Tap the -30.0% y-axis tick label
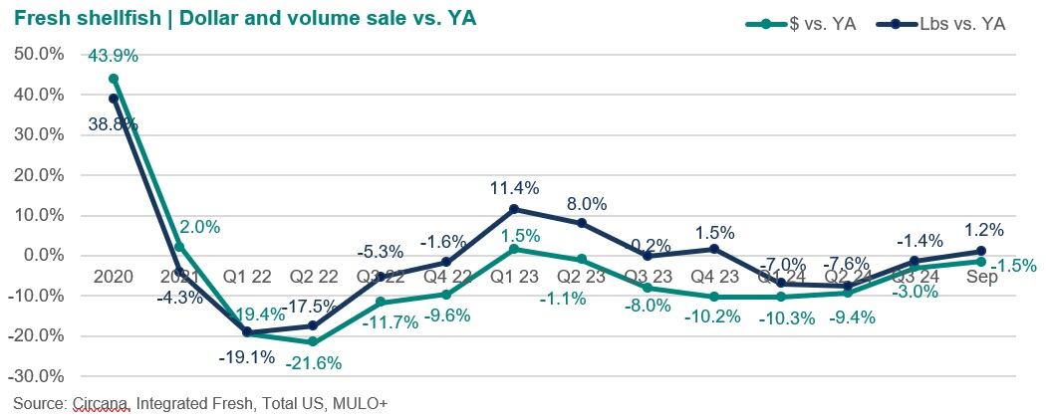point(37,376)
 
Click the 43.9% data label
point(113,57)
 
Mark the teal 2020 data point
point(114,79)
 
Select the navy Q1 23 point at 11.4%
point(514,209)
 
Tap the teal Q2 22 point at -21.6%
point(313,341)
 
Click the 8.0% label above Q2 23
point(586,202)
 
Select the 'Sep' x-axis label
point(982,276)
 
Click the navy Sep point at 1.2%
point(981,251)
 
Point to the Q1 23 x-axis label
point(514,276)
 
